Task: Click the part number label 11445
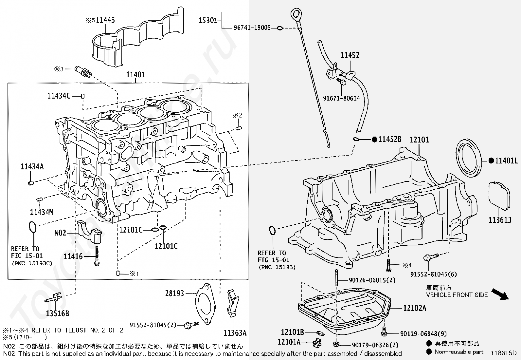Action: [105, 20]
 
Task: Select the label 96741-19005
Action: [252, 28]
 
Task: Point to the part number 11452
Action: [350, 55]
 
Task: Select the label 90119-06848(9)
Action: [423, 334]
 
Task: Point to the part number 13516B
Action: [58, 313]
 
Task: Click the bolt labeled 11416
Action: [97, 256]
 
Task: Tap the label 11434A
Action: [32, 166]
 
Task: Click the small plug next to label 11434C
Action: [82, 96]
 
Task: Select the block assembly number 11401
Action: [135, 75]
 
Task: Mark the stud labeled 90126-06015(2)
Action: [336, 278]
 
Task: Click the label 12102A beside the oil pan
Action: [414, 308]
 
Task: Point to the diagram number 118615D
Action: [503, 353]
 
